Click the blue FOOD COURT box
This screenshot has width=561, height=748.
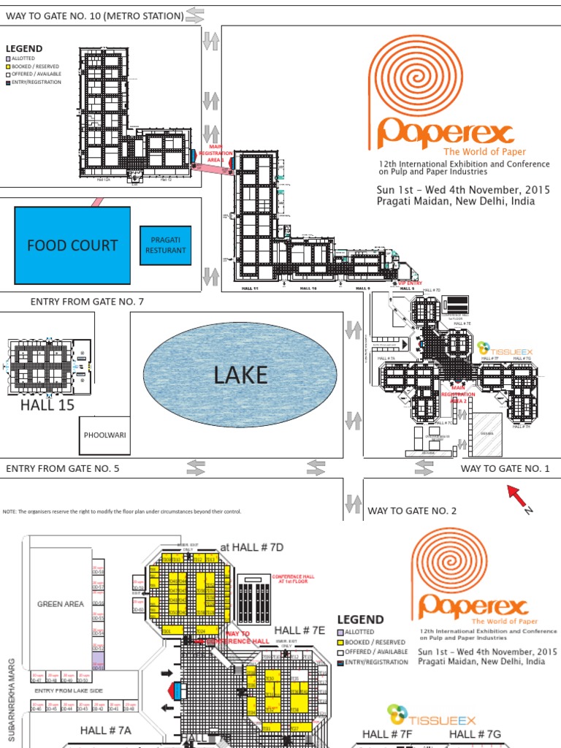[x=72, y=245]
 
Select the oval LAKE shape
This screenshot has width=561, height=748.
[x=240, y=375]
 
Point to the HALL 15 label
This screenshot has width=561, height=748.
[x=47, y=405]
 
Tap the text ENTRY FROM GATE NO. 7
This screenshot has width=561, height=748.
[x=87, y=302]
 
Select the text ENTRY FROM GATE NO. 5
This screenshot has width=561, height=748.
[x=62, y=468]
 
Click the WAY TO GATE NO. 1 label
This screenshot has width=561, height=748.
[x=505, y=468]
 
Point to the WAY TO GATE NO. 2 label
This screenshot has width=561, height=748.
[x=412, y=511]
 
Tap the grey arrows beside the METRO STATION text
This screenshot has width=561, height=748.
[x=196, y=14]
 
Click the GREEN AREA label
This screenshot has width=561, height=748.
[x=61, y=604]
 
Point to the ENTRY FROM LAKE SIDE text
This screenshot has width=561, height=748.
[x=66, y=690]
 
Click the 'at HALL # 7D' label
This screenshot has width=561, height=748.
[x=251, y=546]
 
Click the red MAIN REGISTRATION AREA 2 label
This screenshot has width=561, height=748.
[x=458, y=397]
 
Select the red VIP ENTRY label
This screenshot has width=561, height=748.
[x=410, y=283]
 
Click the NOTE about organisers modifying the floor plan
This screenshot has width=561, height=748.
[x=122, y=511]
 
